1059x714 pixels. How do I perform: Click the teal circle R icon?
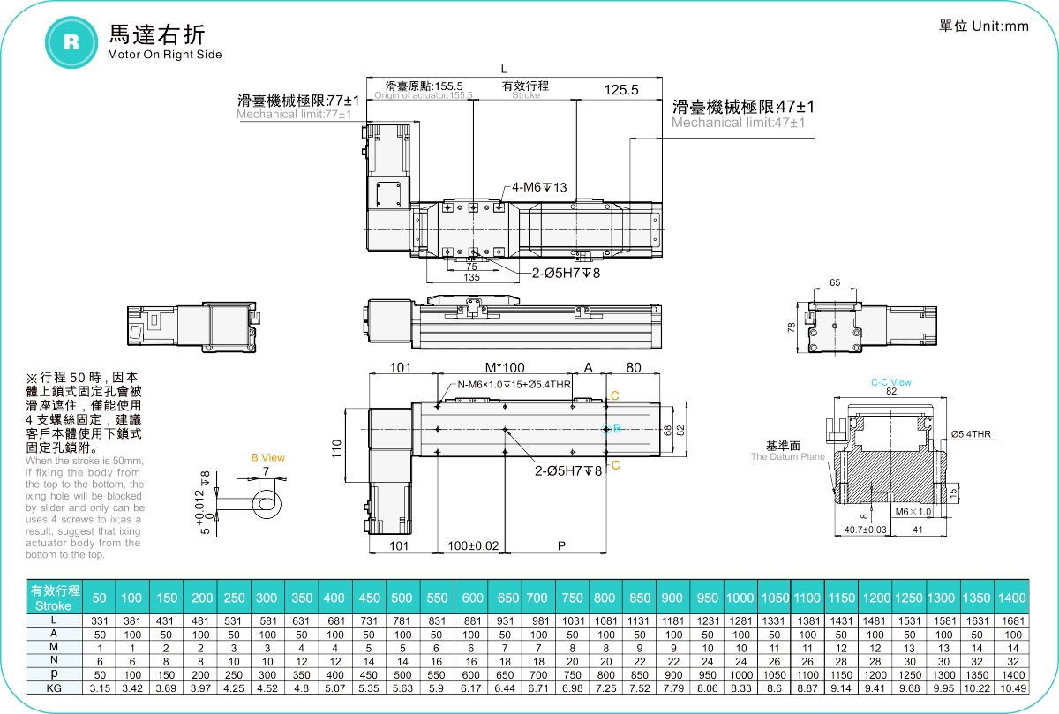pos(71,41)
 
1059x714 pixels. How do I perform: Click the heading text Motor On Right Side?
pos(164,55)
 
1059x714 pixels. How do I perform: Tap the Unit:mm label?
pos(983,26)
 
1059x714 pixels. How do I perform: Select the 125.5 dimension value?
pos(622,89)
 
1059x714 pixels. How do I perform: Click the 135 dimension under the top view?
pos(471,277)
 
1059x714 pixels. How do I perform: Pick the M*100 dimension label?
pos(505,367)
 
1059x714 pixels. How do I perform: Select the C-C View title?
pos(890,382)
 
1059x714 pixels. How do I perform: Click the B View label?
pos(267,457)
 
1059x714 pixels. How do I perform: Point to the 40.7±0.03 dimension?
pos(865,530)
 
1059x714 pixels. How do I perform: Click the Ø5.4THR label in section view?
pos(972,433)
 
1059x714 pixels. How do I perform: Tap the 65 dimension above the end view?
pos(835,283)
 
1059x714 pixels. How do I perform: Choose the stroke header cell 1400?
pos(1012,598)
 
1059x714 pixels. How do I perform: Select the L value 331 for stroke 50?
pos(99,621)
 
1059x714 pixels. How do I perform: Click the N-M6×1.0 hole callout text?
pos(514,385)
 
